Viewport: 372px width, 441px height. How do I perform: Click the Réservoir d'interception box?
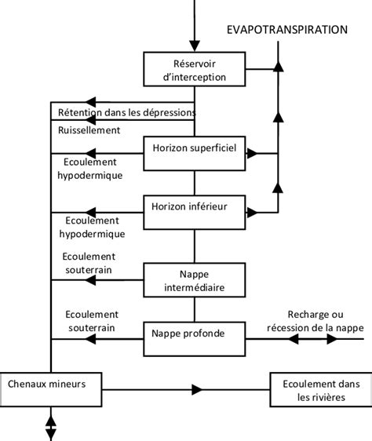coord(195,69)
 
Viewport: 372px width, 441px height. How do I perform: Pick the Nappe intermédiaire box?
coord(195,279)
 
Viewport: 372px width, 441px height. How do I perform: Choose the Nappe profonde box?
coord(195,334)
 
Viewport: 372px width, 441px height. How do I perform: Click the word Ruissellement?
coord(89,129)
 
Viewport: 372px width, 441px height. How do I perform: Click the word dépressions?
coord(166,113)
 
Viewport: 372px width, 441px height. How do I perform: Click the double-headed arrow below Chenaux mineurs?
coord(52,428)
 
